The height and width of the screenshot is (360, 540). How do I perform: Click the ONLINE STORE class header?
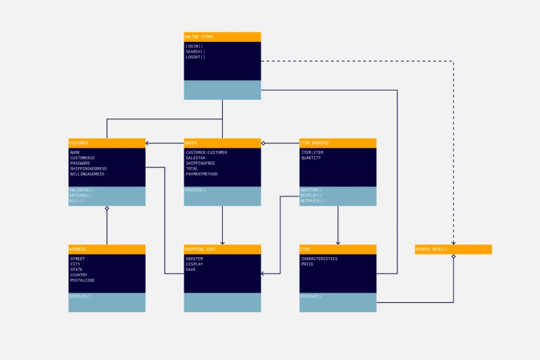click(x=222, y=37)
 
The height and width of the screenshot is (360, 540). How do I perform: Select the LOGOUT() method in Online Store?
click(x=195, y=57)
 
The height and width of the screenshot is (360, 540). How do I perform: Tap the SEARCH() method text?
click(x=195, y=52)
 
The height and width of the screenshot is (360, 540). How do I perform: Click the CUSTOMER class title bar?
click(x=106, y=142)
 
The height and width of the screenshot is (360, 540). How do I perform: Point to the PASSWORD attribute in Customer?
click(x=80, y=163)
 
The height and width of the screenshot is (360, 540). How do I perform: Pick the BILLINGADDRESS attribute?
click(x=88, y=174)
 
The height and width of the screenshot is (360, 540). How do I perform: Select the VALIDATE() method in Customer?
click(x=82, y=190)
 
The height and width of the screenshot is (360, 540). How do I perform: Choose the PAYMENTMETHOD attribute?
click(x=202, y=174)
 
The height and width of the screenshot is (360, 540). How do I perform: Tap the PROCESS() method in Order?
click(x=196, y=190)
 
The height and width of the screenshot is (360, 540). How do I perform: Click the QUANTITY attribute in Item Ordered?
click(x=311, y=158)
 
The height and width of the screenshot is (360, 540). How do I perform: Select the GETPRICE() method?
click(x=312, y=201)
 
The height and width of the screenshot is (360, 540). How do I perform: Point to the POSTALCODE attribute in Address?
click(x=82, y=280)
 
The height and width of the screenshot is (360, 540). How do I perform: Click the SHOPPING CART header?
click(x=222, y=249)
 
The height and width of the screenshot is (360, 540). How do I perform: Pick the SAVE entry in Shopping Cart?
click(x=190, y=269)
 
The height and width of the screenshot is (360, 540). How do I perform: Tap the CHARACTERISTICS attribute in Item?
click(x=319, y=259)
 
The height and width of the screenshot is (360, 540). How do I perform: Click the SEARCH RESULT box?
click(x=453, y=249)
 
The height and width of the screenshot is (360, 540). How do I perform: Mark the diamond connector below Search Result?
click(x=453, y=257)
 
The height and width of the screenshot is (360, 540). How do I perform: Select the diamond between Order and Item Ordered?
click(x=263, y=143)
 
